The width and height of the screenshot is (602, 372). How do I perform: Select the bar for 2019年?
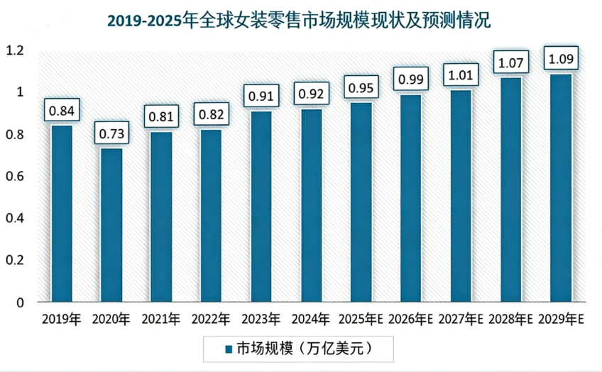pyautogui.click(x=62, y=213)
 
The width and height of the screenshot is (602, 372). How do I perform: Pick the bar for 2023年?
pyautogui.click(x=261, y=206)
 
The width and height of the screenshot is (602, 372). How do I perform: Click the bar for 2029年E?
pyautogui.click(x=561, y=187)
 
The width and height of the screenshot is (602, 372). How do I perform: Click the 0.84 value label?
pyautogui.click(x=62, y=110)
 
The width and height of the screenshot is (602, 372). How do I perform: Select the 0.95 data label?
pyautogui.click(x=361, y=88)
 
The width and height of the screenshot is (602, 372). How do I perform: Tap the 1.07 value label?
pyautogui.click(x=510, y=62)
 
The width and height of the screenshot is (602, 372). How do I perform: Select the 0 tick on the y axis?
pyautogui.click(x=20, y=302)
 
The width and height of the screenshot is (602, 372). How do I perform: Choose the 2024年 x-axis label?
pyautogui.click(x=311, y=319)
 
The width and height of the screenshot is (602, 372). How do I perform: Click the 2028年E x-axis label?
pyautogui.click(x=510, y=319)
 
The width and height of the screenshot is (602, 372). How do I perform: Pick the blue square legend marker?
pyautogui.click(x=229, y=349)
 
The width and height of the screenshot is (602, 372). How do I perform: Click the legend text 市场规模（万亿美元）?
pyautogui.click(x=304, y=349)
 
